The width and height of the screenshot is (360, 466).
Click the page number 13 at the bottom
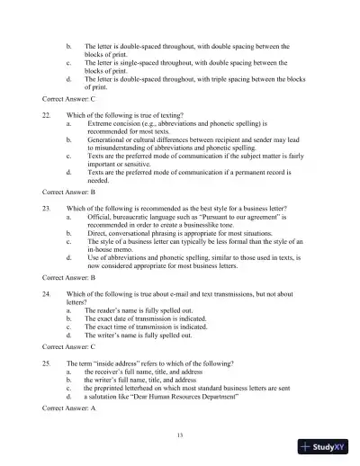pos(180,435)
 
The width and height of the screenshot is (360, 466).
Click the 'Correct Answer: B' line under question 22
pos(69,193)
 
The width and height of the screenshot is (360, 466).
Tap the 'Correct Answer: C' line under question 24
pos(69,345)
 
